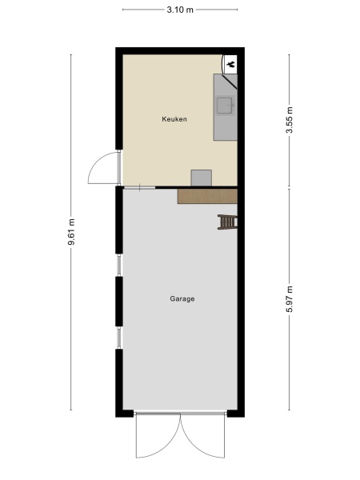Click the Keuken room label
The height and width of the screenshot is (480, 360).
click(x=174, y=119)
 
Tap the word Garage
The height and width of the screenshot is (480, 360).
click(x=182, y=299)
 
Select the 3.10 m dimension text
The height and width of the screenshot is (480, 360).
click(x=179, y=9)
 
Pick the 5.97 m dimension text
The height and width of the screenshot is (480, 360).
click(x=290, y=300)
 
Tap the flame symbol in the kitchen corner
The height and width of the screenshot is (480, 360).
click(x=230, y=63)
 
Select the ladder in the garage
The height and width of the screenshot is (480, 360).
click(x=228, y=222)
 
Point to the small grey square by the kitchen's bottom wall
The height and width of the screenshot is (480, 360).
click(x=201, y=178)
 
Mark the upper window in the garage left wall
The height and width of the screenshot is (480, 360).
click(x=120, y=265)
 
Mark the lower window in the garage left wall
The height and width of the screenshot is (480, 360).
click(x=120, y=337)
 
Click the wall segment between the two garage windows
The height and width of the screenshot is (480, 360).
click(x=119, y=302)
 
